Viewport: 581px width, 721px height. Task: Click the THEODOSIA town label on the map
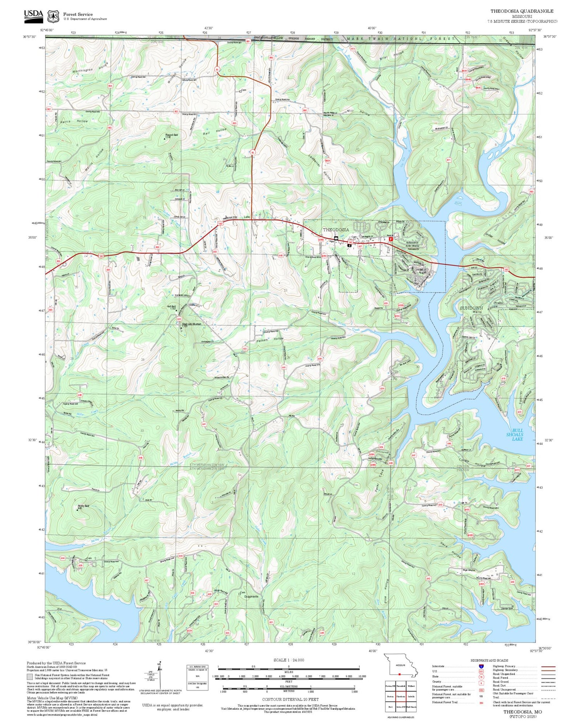(336, 230)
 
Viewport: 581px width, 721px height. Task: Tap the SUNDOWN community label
(471, 308)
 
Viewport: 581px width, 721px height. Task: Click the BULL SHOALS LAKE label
(517, 434)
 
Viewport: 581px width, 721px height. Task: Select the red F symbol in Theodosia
(391, 239)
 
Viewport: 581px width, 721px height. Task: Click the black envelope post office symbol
(336, 238)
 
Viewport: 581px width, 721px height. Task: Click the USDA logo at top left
(33, 15)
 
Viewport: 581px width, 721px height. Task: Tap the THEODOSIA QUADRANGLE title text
(522, 11)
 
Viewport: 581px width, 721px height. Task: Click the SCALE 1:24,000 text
(289, 660)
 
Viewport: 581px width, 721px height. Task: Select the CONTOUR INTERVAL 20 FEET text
(290, 699)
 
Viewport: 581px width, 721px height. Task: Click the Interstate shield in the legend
(481, 666)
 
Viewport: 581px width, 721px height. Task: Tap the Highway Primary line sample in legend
(547, 666)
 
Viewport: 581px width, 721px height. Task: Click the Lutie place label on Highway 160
(246, 217)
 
